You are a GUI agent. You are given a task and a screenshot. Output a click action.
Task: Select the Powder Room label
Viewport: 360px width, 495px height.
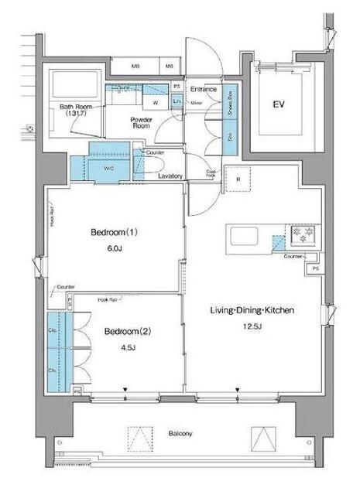click(142, 124)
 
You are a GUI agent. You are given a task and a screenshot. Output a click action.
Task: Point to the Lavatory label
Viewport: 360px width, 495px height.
click(170, 176)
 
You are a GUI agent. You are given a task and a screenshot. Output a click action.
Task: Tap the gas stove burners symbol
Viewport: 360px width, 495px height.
click(301, 233)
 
